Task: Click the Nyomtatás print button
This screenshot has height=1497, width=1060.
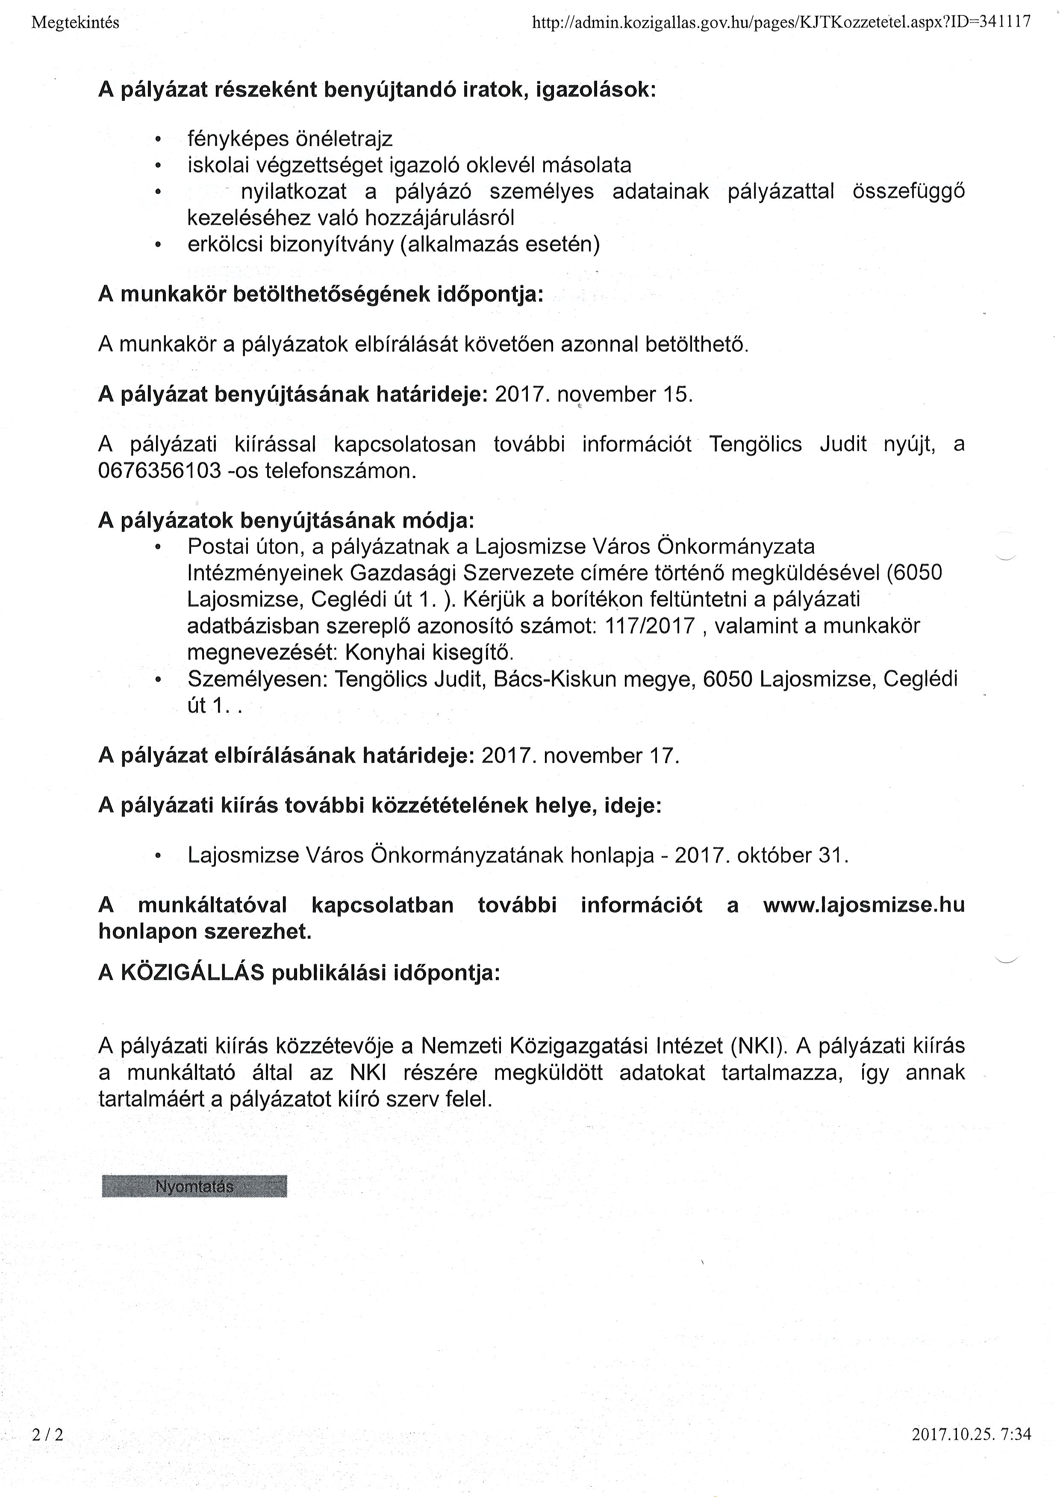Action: [x=194, y=1186]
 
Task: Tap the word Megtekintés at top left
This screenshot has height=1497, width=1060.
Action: [x=75, y=22]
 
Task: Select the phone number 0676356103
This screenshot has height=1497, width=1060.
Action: [x=160, y=471]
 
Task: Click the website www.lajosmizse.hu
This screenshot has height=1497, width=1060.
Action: [x=863, y=905]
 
